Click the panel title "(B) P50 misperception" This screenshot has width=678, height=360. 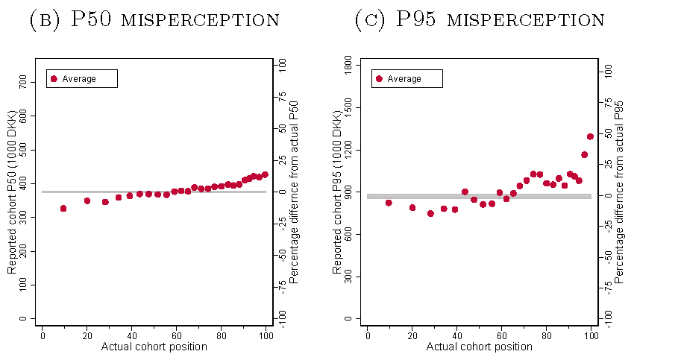tap(154, 20)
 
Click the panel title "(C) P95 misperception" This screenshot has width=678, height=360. tap(479, 20)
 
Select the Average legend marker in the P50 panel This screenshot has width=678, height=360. tap(54, 79)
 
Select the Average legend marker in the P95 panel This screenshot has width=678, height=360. tap(379, 79)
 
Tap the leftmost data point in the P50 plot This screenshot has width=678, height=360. tap(63, 209)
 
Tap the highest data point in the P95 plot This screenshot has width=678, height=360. tap(590, 136)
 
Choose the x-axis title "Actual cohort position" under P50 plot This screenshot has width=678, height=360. tap(153, 347)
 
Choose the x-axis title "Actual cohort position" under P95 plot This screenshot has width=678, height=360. tap(479, 347)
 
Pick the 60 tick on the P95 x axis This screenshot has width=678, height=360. tap(501, 335)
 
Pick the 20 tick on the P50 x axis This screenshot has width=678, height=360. tap(87, 335)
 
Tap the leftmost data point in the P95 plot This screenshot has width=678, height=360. tap(389, 203)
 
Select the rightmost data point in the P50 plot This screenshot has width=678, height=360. tap(265, 174)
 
